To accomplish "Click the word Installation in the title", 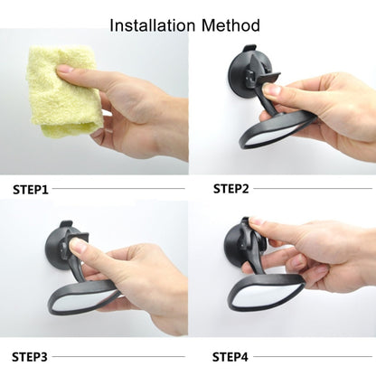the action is (x=153, y=25).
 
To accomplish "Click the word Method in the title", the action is (x=230, y=25).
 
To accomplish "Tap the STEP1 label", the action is (x=31, y=190).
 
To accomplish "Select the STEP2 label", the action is (x=231, y=189).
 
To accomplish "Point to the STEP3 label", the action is (x=30, y=357).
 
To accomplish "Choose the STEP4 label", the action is (x=230, y=357).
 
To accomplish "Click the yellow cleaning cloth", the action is (x=61, y=90).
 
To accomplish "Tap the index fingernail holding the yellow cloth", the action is (x=64, y=70).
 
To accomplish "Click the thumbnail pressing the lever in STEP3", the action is (x=79, y=247).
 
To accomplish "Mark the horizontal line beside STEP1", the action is (x=118, y=189).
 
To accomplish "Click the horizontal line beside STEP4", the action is (x=313, y=357).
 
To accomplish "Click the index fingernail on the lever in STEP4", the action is (x=256, y=221).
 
